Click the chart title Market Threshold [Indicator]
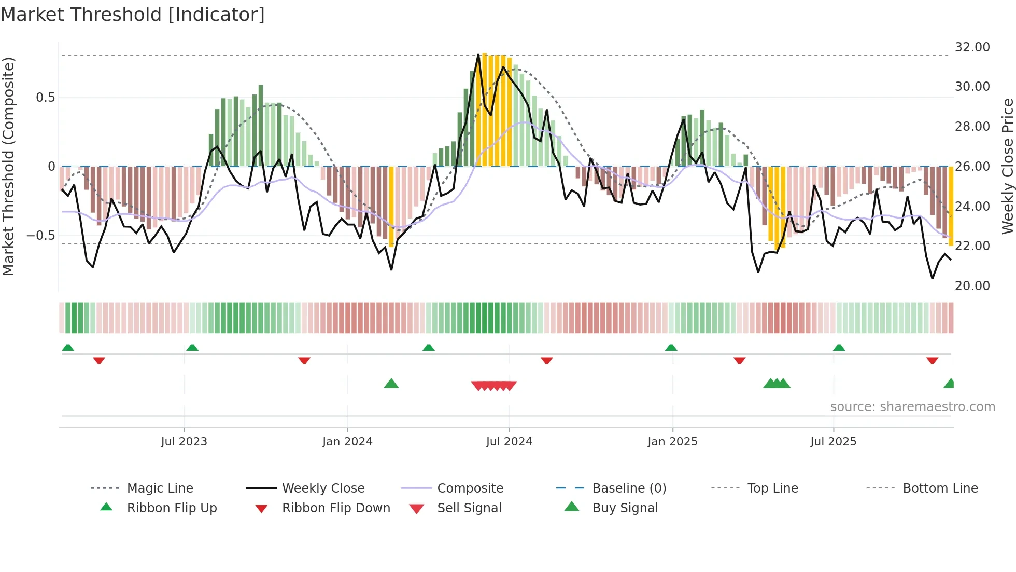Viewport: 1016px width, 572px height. [133, 15]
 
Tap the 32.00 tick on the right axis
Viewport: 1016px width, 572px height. [972, 47]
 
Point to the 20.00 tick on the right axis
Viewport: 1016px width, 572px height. [972, 286]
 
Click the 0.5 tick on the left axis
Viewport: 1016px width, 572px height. [45, 98]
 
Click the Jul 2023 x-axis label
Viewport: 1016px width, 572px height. [184, 442]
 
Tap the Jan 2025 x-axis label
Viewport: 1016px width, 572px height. [672, 442]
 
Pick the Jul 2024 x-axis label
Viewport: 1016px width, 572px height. [509, 442]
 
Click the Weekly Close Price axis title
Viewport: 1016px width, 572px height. [1007, 166]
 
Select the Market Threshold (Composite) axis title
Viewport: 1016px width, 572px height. [8, 166]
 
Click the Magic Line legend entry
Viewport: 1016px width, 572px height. [160, 488]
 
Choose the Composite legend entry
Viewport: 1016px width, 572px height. [470, 488]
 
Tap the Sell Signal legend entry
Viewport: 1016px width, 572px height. [469, 508]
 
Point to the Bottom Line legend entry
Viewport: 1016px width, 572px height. [940, 488]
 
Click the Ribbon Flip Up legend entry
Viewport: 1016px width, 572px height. [172, 508]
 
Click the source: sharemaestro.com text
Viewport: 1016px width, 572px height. [912, 407]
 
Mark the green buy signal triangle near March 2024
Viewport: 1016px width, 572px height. [391, 384]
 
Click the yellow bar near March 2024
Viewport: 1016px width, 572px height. [391, 208]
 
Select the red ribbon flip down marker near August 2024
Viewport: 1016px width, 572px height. [546, 360]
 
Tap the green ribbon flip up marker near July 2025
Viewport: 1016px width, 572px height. [839, 348]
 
